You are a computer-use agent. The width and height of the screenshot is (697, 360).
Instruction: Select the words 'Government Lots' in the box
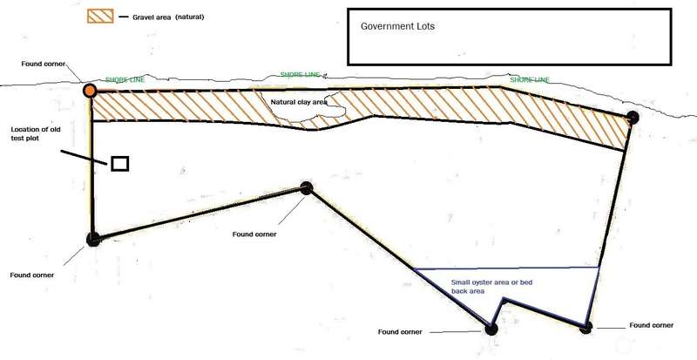(397, 26)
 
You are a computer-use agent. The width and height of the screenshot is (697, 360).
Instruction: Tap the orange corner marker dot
(89, 90)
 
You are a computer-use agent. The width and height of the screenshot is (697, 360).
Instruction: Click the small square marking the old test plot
(120, 163)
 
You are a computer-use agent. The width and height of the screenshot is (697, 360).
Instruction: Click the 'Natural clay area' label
(298, 103)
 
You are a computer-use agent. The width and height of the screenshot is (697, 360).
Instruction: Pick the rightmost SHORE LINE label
(530, 80)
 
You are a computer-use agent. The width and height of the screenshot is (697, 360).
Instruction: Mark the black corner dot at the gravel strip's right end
(633, 117)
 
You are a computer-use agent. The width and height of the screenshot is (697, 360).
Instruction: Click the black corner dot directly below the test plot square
(93, 238)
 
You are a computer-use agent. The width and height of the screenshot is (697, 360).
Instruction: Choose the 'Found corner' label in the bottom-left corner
(32, 275)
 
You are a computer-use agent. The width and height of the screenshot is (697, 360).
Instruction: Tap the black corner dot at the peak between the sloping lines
(306, 187)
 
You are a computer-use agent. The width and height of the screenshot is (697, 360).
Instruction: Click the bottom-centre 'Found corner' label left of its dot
(400, 333)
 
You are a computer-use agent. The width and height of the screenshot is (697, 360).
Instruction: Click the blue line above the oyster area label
(505, 268)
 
